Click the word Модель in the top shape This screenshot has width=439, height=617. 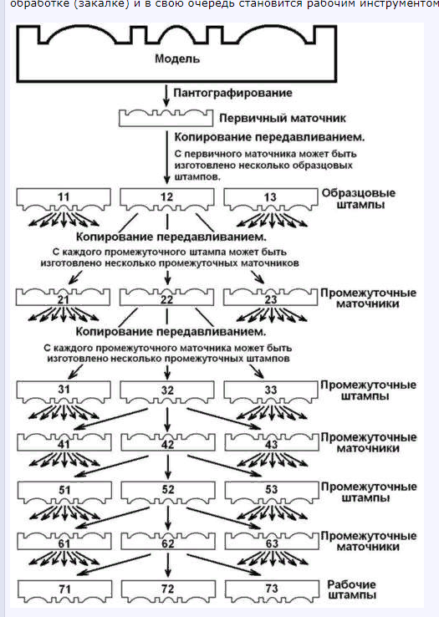click(x=177, y=59)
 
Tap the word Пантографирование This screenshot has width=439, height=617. click(x=232, y=94)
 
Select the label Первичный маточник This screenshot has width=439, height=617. click(x=283, y=118)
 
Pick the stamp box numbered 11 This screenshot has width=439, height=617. click(x=64, y=200)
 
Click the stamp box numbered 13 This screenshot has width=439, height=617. click(x=270, y=200)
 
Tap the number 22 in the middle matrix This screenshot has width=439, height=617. click(x=166, y=300)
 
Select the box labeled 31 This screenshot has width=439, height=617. click(x=64, y=392)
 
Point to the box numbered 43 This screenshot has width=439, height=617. click(x=272, y=442)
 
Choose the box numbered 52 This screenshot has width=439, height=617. click(x=168, y=492)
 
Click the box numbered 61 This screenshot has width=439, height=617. click(x=64, y=541)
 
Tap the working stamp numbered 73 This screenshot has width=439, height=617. click(x=272, y=591)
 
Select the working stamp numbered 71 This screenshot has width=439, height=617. click(x=65, y=591)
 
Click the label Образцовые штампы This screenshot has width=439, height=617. click(x=359, y=199)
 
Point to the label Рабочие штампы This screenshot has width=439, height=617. click(x=351, y=590)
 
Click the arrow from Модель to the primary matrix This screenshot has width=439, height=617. click(x=166, y=95)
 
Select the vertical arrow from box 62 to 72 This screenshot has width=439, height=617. click(x=168, y=565)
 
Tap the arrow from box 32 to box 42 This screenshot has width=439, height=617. click(x=167, y=420)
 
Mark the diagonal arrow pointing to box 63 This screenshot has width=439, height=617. click(x=223, y=518)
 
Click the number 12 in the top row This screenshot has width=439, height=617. click(x=166, y=196)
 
